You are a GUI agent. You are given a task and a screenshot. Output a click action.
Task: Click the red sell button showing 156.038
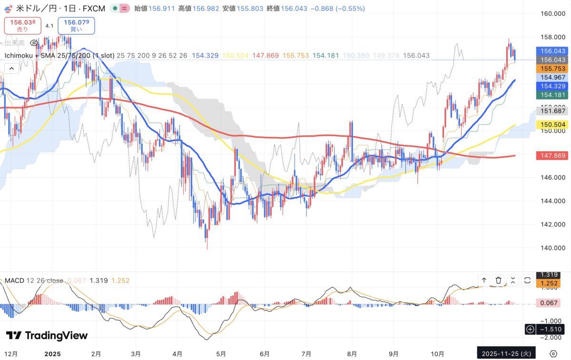click(22, 26)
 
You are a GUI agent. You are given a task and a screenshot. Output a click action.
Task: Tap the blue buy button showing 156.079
click(76, 26)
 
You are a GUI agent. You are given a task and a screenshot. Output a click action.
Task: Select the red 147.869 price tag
click(551, 155)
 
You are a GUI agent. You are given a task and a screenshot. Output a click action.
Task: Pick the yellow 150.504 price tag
click(551, 125)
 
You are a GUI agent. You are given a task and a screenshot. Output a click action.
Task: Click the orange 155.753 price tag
click(551, 69)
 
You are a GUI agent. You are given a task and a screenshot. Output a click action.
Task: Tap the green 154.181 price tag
click(551, 95)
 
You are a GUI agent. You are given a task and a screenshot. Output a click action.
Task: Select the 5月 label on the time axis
click(221, 354)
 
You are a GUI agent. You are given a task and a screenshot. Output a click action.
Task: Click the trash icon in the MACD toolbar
click(498, 280)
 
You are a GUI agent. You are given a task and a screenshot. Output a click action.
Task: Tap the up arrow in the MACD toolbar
click(484, 280)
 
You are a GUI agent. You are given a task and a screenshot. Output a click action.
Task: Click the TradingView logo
click(47, 335)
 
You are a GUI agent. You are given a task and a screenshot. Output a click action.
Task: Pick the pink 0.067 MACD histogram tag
click(551, 303)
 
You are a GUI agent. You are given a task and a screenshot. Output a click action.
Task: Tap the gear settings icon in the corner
click(553, 354)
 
